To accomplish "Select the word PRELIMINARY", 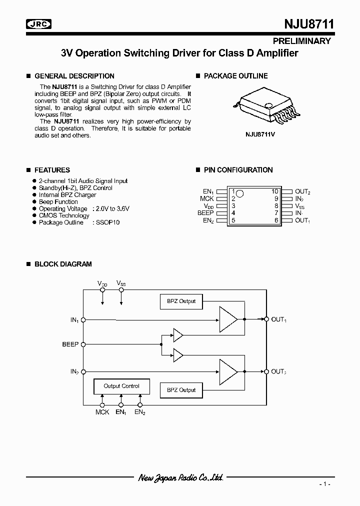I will (301, 41).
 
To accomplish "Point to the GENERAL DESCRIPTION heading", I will (74, 76).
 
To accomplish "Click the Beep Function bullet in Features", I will (58, 202).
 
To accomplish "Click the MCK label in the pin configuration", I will (206, 198).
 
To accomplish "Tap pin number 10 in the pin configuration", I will (274, 191).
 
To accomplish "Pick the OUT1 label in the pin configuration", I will (302, 220).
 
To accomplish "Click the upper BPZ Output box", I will (181, 301).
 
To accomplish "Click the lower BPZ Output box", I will (181, 390).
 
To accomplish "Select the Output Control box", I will (121, 386).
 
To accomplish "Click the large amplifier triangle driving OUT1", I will (228, 319).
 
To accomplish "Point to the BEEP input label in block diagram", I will (70, 344).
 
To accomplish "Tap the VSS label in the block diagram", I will (121, 283).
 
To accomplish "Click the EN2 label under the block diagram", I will (140, 412).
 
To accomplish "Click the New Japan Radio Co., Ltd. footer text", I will (180, 477).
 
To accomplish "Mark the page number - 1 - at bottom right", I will (325, 484).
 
